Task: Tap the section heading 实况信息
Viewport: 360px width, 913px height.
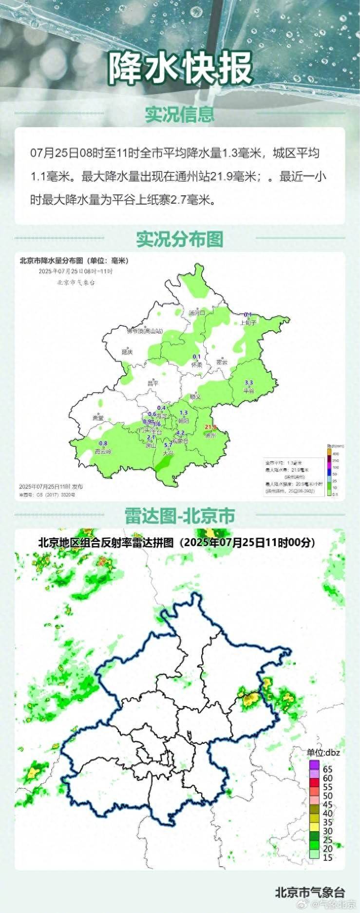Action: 180,114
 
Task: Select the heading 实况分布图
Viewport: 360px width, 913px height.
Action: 180,239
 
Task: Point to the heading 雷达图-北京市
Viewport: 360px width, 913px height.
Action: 180,515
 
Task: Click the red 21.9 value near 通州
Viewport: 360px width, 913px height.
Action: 210,427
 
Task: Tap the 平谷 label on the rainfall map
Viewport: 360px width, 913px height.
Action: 248,390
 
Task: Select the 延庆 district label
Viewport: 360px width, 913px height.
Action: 127,352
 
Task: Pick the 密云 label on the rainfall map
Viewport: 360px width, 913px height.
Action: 222,362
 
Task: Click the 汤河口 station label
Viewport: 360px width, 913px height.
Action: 197,313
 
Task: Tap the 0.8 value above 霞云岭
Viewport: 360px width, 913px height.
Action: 103,443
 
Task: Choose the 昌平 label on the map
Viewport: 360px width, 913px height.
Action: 153,383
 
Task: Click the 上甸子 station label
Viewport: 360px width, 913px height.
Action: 248,323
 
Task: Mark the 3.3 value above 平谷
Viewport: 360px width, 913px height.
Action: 248,383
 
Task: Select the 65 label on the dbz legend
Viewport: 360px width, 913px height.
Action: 328,769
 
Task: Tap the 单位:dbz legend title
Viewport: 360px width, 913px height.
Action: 323,752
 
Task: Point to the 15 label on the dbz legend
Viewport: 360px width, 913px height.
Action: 328,857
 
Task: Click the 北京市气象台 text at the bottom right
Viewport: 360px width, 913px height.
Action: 310,892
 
